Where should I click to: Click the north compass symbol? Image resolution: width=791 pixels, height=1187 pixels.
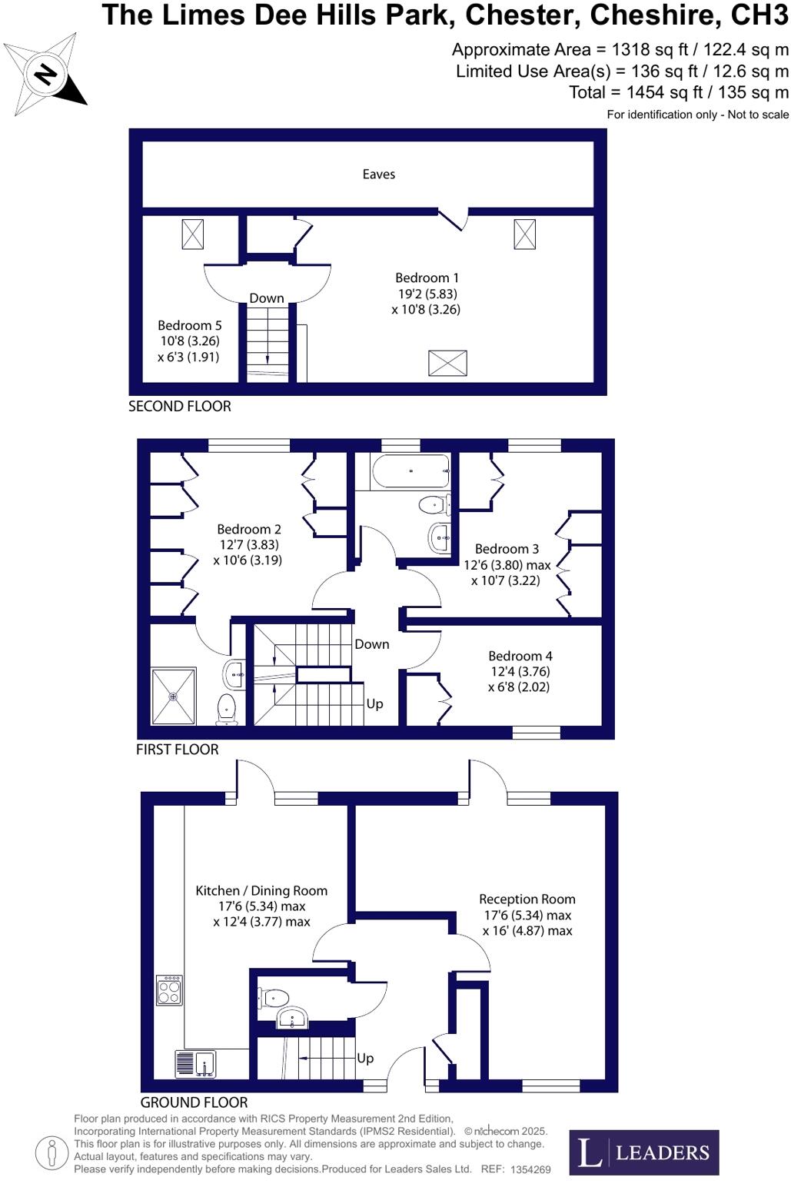click(45, 75)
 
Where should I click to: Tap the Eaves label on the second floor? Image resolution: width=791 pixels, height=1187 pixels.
click(378, 175)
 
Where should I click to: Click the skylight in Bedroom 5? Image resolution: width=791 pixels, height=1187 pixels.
click(192, 234)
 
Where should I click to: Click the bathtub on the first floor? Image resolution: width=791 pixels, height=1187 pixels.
click(410, 470)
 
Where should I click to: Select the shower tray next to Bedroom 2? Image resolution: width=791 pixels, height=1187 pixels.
click(174, 697)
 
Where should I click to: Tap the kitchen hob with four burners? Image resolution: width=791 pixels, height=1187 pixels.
click(169, 989)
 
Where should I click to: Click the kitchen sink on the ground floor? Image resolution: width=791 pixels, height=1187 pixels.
click(196, 1064)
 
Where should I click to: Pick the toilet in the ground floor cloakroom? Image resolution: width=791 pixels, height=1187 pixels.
click(273, 998)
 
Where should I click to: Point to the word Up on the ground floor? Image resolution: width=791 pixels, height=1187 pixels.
click(365, 1059)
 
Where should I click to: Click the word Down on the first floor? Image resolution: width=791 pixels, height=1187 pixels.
click(372, 644)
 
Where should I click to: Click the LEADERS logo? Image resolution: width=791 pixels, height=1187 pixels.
click(643, 1152)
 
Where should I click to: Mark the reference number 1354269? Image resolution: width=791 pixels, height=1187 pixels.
click(530, 1169)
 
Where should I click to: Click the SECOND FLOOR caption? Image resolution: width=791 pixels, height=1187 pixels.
click(180, 407)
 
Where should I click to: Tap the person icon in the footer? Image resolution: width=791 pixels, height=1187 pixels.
click(52, 1152)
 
